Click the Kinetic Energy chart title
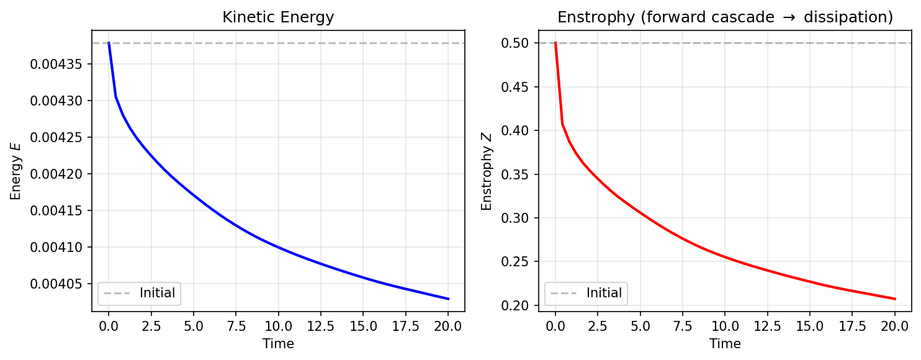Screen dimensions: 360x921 point(278,17)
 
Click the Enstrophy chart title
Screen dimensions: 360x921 point(725,17)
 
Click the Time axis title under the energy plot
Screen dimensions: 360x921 point(278,343)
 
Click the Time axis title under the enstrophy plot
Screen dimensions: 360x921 point(725,343)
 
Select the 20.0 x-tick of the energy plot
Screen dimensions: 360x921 point(448,326)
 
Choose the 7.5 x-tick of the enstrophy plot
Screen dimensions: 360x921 point(683,326)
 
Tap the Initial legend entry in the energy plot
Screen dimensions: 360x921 point(157,293)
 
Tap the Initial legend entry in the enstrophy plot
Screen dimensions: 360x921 point(604,293)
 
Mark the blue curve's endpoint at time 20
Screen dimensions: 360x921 point(448,299)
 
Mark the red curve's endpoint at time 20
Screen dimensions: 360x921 point(894,299)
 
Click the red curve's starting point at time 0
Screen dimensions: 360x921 point(555,43)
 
